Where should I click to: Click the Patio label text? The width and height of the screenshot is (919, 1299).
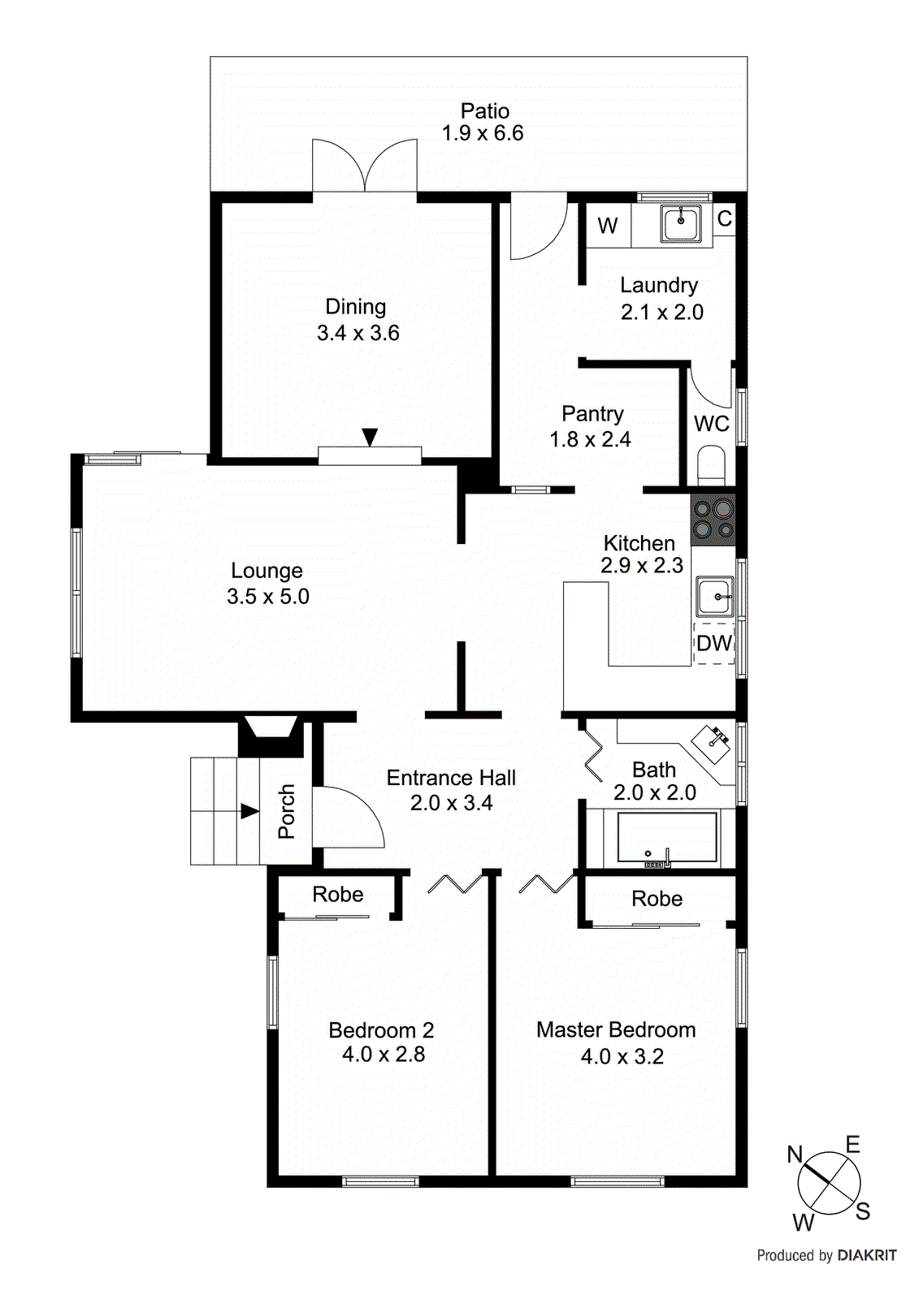click(x=485, y=111)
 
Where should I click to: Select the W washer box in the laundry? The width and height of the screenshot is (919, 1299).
click(x=608, y=226)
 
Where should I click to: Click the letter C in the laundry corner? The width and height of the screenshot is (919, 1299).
click(x=725, y=218)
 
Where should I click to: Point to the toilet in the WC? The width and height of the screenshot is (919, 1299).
click(x=712, y=464)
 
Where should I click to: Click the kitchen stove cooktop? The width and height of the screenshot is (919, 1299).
click(x=713, y=520)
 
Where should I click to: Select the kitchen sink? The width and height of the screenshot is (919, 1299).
click(x=715, y=598)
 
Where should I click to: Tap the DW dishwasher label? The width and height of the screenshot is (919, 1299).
click(x=714, y=644)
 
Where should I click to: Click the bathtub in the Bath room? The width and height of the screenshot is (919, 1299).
click(x=666, y=837)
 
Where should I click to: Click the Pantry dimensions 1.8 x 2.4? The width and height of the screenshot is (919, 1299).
click(x=591, y=439)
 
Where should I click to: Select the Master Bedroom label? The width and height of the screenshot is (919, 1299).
click(x=616, y=1029)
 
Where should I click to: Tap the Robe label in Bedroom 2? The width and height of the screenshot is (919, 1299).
click(x=338, y=894)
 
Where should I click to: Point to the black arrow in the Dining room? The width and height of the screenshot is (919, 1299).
click(x=370, y=438)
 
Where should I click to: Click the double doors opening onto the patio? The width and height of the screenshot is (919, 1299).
click(x=366, y=166)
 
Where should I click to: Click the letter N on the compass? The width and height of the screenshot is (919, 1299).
click(x=795, y=1154)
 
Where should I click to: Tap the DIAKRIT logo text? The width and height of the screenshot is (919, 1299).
click(x=867, y=1255)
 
